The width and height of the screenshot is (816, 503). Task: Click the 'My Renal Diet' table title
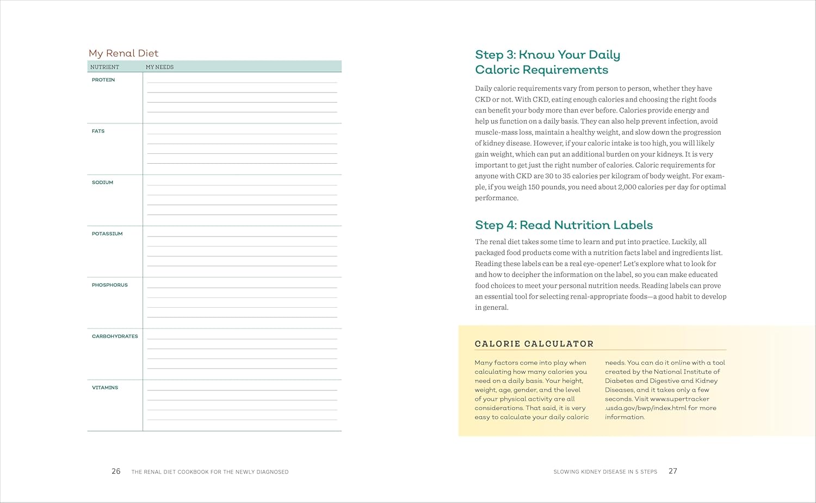(x=123, y=53)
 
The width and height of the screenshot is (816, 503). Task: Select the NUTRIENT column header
(x=104, y=67)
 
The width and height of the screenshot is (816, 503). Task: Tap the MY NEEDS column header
(x=159, y=67)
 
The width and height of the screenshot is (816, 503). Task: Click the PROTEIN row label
(x=103, y=80)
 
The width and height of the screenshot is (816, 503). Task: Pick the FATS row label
(x=98, y=131)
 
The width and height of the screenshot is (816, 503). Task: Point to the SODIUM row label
(x=102, y=183)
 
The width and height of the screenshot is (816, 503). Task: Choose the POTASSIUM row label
(x=107, y=234)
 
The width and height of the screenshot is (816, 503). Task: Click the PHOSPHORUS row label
(x=109, y=285)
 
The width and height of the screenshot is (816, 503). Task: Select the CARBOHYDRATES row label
(x=115, y=337)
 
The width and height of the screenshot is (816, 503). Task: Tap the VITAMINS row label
(x=105, y=388)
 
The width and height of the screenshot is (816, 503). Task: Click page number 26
(x=116, y=471)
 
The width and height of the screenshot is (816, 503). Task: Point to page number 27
(x=673, y=471)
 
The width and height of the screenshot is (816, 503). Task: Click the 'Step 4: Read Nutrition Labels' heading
(x=564, y=225)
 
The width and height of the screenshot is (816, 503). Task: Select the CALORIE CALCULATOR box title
(x=534, y=344)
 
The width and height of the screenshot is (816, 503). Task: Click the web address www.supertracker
(x=679, y=399)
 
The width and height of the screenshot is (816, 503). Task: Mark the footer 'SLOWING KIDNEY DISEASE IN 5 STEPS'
(x=605, y=472)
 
